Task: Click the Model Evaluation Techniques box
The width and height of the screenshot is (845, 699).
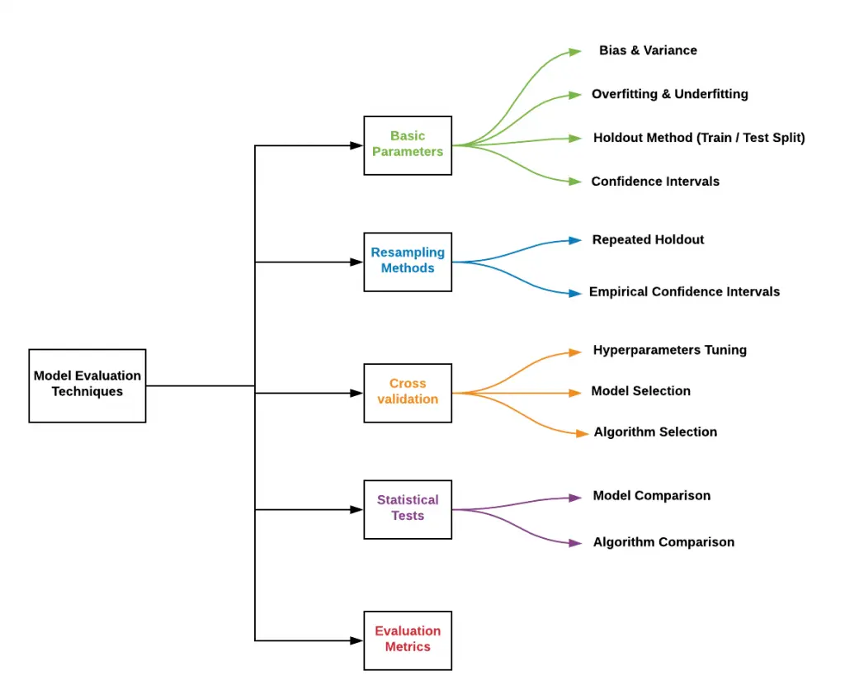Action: pos(87,385)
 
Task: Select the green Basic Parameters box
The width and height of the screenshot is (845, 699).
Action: pos(408,144)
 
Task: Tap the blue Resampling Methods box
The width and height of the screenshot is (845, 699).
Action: pos(408,261)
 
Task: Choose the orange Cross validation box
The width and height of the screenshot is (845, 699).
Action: pos(408,392)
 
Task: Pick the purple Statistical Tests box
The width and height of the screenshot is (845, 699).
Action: pos(408,508)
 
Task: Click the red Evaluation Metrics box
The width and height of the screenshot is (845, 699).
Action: pos(408,640)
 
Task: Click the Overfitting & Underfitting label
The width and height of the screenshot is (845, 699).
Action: pos(669,94)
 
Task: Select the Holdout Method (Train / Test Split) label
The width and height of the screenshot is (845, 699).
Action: pos(699,138)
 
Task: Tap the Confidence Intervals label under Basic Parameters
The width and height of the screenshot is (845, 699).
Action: pos(655,182)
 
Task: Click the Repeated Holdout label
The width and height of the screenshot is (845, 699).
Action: pos(648,240)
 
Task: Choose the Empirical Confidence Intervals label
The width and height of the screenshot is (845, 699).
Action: pos(684,292)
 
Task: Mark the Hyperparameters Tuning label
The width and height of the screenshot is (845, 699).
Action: pos(669,350)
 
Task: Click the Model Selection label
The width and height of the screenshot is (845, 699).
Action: pos(640,391)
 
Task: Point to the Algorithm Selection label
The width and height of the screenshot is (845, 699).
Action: pos(655,432)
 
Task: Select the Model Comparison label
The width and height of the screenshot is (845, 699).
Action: pos(651,496)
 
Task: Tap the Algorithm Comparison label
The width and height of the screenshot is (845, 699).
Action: pos(663,543)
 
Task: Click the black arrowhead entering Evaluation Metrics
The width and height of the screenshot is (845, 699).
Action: pos(356,640)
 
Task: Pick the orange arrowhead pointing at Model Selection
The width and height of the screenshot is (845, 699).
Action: pos(575,393)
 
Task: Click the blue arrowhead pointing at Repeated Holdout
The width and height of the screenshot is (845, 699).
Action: pos(575,240)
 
